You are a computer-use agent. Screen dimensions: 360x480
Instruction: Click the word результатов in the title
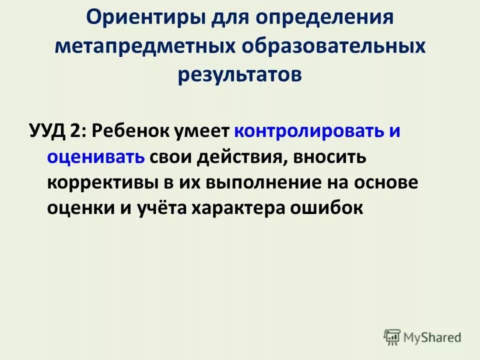click(239, 75)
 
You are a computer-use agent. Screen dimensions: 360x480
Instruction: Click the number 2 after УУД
click(77, 131)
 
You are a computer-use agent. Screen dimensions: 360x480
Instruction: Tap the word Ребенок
click(130, 131)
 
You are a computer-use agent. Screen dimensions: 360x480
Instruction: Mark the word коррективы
click(102, 182)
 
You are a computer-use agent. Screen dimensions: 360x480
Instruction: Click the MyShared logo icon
click(392, 337)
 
